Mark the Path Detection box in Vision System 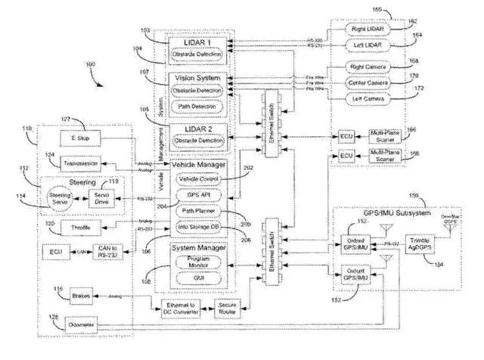pos(198,106)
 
